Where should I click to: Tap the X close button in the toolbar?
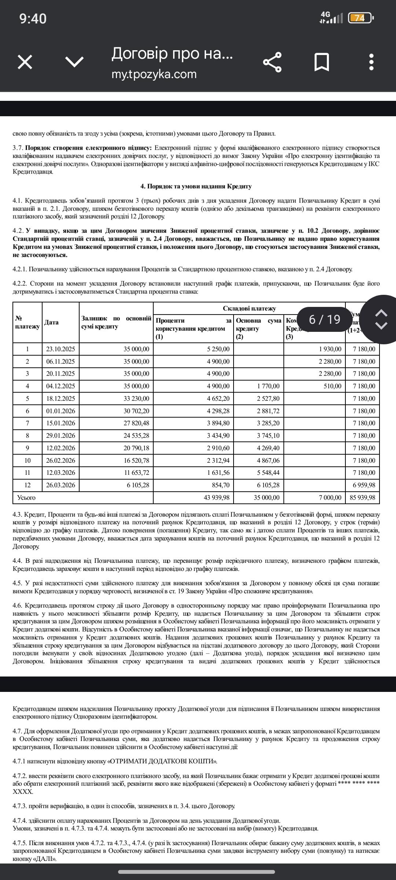click(x=25, y=62)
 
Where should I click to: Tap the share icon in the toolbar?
click(x=272, y=62)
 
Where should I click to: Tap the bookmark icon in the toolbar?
click(x=322, y=62)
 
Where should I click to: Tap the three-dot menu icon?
click(x=371, y=62)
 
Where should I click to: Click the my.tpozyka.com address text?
click(x=154, y=74)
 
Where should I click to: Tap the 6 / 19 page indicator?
click(x=324, y=319)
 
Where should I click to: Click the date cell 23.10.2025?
click(x=60, y=349)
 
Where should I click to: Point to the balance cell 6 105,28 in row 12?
click(x=138, y=485)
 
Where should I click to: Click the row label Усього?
click(x=26, y=498)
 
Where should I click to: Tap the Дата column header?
click(x=51, y=322)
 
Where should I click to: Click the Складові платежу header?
click(x=249, y=309)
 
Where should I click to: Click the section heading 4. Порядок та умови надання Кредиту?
click(x=196, y=186)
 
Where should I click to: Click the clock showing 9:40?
click(x=33, y=18)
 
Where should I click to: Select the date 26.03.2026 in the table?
click(x=60, y=485)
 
